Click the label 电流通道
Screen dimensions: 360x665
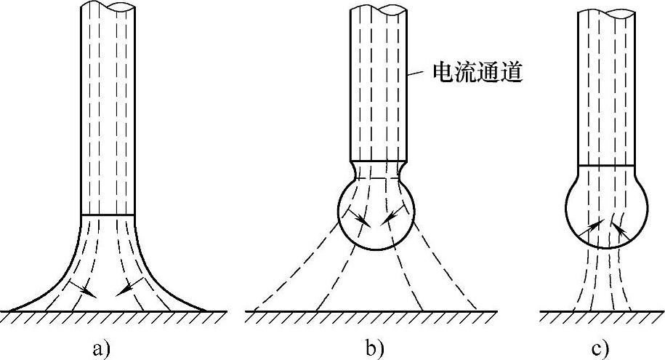click(477, 73)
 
